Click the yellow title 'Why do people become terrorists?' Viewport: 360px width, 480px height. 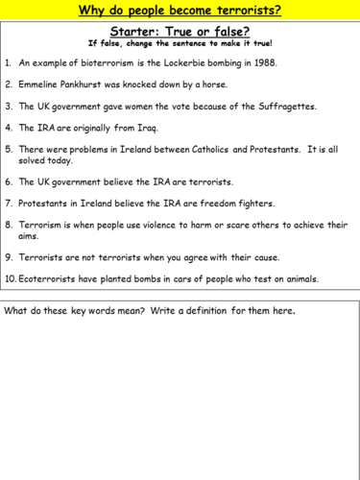point(180,12)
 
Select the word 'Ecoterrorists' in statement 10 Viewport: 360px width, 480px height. point(54,279)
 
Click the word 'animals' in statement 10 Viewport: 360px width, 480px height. point(299,279)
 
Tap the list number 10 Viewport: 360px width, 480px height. point(10,279)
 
